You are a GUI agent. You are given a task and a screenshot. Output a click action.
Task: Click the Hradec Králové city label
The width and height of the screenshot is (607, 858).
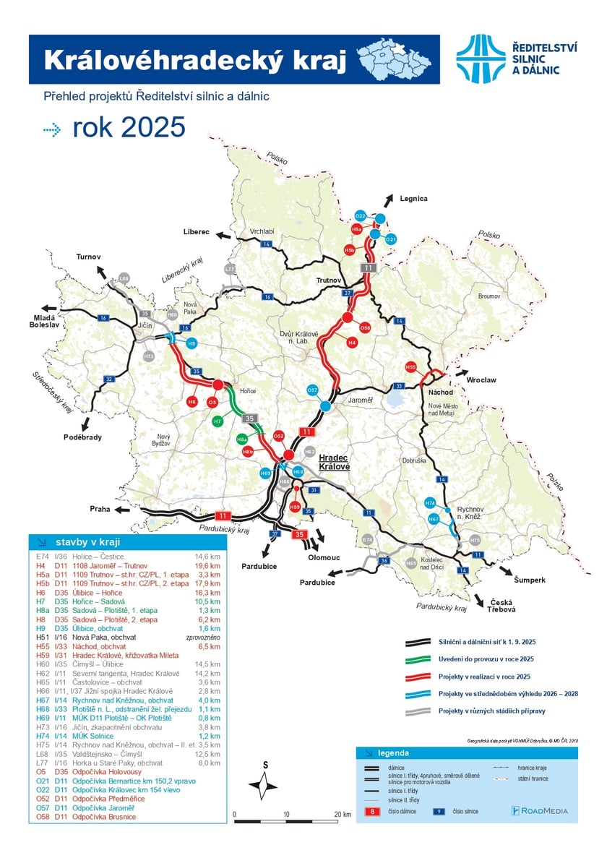pos(334,463)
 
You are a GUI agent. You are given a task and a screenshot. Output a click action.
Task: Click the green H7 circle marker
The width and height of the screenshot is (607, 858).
pos(218,421)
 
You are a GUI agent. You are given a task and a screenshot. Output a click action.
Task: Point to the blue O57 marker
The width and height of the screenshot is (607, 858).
pos(313,390)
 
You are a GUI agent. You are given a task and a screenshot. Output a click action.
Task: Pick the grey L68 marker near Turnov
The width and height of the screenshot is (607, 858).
pos(124,278)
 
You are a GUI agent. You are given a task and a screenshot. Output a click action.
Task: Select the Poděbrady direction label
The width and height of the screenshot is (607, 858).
pos(82,437)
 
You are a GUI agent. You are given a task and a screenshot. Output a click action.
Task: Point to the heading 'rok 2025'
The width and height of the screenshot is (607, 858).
pos(129,128)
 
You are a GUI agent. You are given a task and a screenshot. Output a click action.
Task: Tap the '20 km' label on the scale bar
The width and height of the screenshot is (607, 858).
pos(342,814)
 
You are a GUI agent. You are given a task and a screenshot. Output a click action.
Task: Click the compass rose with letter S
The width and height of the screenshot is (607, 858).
pos(265,786)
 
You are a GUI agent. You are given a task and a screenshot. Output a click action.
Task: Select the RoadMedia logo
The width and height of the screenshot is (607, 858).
pos(539,810)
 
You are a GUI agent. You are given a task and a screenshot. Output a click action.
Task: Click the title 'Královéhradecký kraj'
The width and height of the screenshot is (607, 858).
pos(196,60)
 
